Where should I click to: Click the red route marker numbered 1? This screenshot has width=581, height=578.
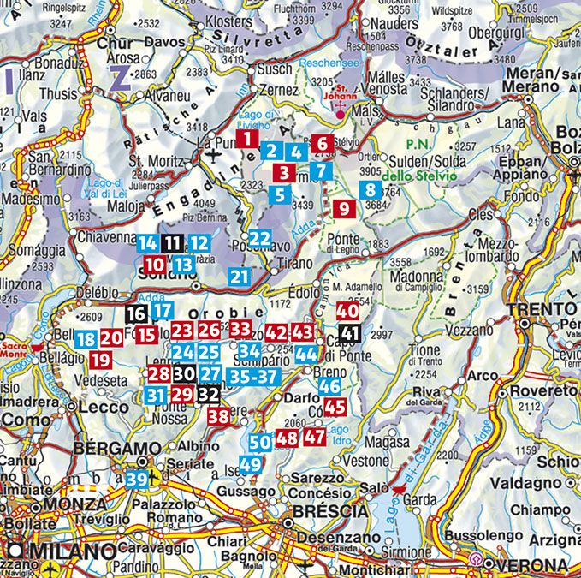[246, 138]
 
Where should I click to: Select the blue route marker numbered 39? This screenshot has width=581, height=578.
[137, 480]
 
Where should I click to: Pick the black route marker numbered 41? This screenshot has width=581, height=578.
[349, 333]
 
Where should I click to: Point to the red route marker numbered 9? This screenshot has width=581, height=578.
[343, 207]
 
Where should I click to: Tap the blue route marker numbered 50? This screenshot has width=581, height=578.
[261, 442]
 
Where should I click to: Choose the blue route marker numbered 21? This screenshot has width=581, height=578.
[241, 277]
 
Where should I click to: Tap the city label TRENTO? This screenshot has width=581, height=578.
[540, 307]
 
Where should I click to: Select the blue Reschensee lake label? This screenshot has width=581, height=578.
[330, 63]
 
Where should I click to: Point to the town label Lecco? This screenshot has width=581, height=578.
[104, 408]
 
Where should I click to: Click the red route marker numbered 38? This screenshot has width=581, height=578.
[220, 417]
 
